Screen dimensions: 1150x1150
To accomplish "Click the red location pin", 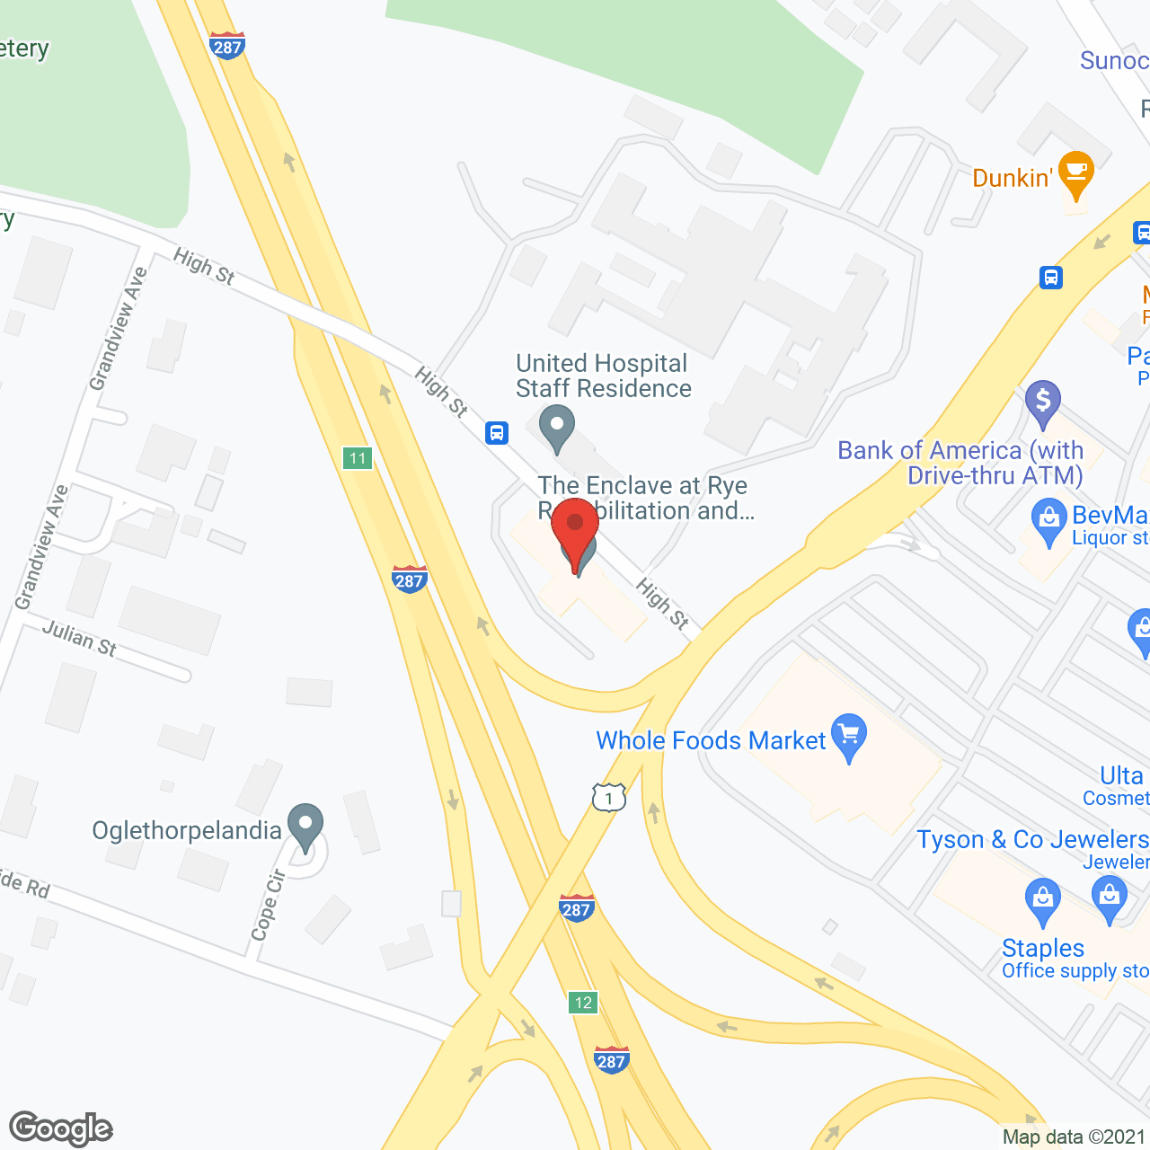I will (575, 530).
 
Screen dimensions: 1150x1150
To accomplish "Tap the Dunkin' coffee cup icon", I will (1075, 173).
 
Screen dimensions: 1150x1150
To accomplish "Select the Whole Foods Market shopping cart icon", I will (848, 737).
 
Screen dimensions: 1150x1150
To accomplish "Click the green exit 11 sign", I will (358, 458).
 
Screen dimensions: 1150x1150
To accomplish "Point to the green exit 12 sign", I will (583, 1003).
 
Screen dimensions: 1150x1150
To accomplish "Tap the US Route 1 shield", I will (609, 797).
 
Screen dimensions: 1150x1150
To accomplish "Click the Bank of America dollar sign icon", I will (1042, 402).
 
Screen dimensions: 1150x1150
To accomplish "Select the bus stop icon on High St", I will (497, 433).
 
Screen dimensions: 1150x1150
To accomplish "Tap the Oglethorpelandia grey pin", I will (305, 825).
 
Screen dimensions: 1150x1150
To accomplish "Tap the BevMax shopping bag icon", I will (1048, 521).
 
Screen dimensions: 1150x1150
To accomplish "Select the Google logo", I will (60, 1128).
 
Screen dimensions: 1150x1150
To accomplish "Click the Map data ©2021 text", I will (1074, 1137).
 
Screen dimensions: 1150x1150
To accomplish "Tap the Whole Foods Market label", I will (711, 740).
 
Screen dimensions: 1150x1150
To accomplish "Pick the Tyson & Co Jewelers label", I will (1032, 839).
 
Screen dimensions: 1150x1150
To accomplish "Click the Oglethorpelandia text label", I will (187, 830).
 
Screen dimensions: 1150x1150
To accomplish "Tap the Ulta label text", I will (1121, 775).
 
